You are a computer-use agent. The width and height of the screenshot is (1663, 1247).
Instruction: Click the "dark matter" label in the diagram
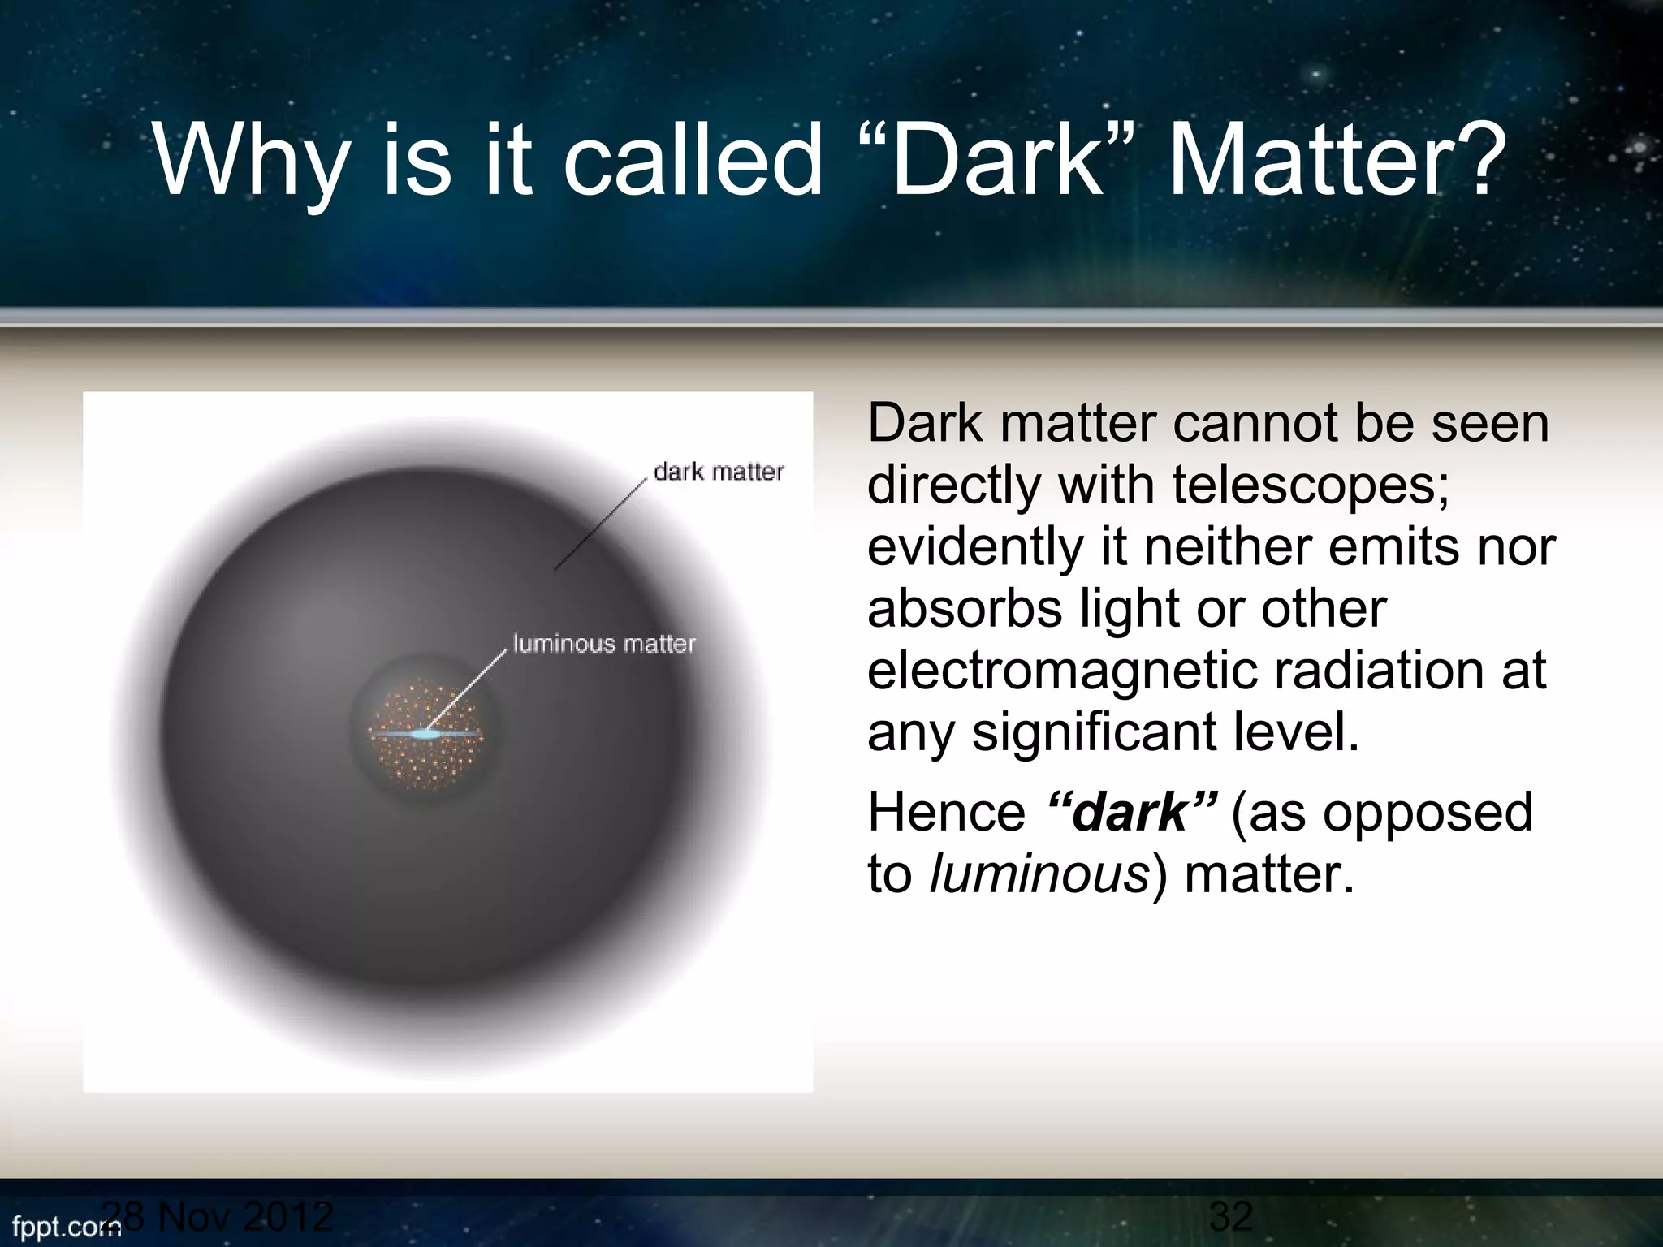click(x=718, y=472)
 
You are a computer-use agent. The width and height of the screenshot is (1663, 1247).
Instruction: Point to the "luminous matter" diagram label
click(x=604, y=644)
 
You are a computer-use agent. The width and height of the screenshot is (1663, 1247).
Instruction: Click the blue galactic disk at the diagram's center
click(x=425, y=734)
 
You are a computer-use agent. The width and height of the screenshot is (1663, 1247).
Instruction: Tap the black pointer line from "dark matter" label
click(x=601, y=524)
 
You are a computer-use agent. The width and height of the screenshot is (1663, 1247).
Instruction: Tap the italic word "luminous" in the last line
click(x=1039, y=874)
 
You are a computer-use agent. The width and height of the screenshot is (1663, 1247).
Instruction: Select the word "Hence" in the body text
click(x=947, y=812)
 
